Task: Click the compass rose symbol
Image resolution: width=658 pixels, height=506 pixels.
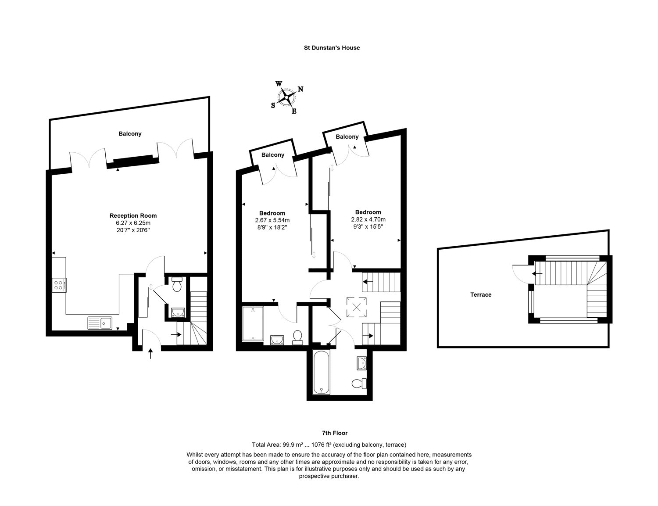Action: [287, 97]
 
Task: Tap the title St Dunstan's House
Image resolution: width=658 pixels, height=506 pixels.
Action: [332, 48]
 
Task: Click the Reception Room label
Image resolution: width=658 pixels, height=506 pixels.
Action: [133, 215]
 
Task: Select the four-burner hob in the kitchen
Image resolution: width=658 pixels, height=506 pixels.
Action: [59, 285]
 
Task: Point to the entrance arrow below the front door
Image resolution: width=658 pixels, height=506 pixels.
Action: [151, 353]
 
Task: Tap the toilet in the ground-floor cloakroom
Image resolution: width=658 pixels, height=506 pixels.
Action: [177, 285]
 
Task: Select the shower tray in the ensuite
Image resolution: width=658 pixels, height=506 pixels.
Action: [253, 324]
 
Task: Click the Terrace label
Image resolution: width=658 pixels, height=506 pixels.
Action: [481, 294]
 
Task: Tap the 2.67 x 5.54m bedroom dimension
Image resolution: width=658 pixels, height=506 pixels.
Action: [272, 220]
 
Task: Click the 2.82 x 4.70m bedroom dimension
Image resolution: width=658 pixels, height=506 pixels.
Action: [368, 219]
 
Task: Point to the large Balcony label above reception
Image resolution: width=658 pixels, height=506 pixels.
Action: [130, 133]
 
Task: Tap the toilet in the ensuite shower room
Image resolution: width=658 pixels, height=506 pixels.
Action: [297, 337]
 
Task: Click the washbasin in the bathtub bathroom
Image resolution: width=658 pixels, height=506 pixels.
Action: [361, 363]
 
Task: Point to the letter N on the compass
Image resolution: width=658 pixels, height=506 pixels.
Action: [300, 89]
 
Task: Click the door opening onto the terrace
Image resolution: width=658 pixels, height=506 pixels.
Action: [522, 273]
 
